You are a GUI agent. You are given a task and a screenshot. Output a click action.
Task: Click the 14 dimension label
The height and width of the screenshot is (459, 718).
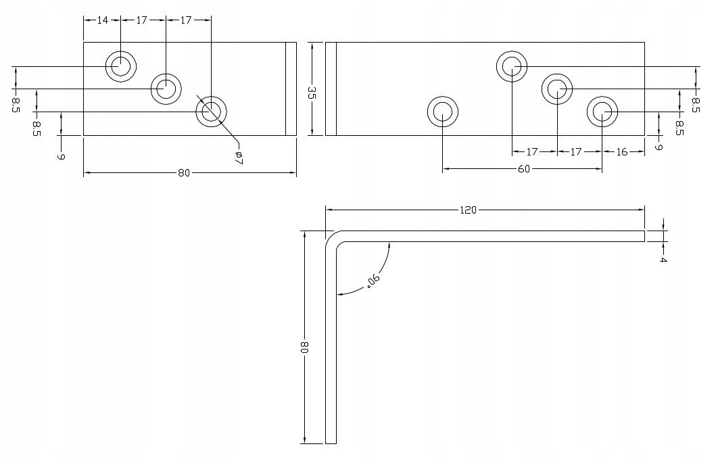point(103,20)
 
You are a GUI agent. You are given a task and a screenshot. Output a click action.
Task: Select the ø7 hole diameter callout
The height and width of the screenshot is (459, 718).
point(238,158)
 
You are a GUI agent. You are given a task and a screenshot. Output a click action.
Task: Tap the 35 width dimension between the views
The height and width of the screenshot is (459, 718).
point(312,93)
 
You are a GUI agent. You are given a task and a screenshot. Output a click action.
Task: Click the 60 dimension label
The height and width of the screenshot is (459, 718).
point(523,169)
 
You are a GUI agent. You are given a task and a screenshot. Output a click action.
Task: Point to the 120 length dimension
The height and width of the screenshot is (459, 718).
point(468,210)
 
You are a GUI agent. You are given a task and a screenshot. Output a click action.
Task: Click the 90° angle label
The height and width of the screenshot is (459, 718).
point(373,281)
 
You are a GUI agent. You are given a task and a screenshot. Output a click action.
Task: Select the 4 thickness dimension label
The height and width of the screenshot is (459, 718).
point(663,260)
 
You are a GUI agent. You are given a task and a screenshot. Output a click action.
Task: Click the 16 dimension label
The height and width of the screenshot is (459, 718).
point(621,152)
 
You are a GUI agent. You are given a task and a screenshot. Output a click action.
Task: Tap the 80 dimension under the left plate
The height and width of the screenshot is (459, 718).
point(184,173)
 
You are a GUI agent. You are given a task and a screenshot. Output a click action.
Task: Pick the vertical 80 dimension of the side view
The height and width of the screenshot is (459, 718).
point(305,347)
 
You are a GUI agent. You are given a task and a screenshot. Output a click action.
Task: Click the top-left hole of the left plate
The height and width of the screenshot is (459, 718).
point(121,66)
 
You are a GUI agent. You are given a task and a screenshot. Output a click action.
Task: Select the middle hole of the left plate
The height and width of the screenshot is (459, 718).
point(166,89)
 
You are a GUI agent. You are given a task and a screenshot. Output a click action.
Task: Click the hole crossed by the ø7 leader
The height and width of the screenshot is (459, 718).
point(211,112)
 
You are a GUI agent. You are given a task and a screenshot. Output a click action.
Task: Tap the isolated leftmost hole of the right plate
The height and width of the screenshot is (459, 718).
point(443,112)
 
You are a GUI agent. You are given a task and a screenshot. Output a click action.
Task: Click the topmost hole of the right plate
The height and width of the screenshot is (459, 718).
point(512,66)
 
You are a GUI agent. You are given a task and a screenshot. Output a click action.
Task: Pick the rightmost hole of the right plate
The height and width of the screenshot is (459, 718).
point(602,112)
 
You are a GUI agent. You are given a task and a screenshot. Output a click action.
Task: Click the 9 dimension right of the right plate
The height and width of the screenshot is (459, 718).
point(659,147)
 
